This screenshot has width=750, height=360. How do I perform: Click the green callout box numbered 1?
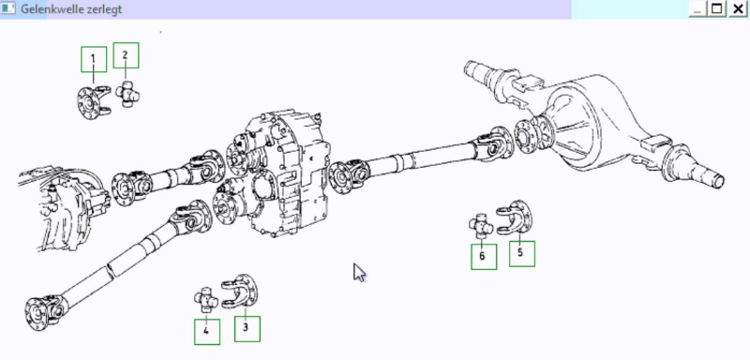[x=93, y=59]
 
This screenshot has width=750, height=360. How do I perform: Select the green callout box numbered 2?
[x=126, y=55]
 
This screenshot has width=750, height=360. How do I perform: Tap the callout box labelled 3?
[x=247, y=329]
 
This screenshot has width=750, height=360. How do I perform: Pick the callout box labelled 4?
[x=207, y=332]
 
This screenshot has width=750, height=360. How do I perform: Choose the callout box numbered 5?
[x=522, y=253]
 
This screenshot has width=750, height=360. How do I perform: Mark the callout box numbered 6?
[x=484, y=257]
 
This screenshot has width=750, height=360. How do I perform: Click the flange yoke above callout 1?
[x=93, y=101]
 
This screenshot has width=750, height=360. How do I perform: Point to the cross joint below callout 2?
[x=127, y=94]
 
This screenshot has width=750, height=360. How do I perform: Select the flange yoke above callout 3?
[x=240, y=291]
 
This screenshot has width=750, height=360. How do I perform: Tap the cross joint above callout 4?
[x=206, y=300]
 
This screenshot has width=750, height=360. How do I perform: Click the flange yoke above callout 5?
[x=515, y=217]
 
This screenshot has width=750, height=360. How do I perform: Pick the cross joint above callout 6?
[x=481, y=226]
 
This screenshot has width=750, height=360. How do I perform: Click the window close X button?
[x=738, y=8]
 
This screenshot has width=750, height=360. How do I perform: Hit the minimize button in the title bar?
[x=697, y=8]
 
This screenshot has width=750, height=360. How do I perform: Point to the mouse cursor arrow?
[x=359, y=273]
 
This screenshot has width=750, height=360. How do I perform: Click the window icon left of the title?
[x=8, y=8]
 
